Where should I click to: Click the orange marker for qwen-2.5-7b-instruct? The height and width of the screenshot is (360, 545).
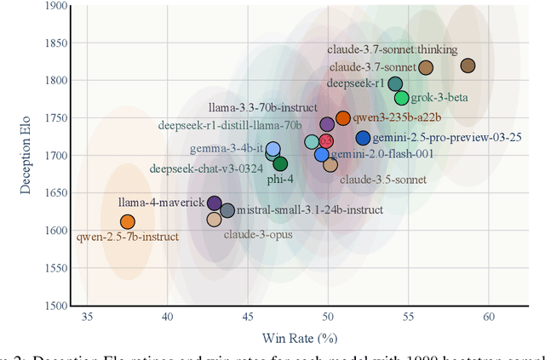[x=127, y=222]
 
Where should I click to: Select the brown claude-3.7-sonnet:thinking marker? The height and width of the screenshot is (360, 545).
[x=468, y=66]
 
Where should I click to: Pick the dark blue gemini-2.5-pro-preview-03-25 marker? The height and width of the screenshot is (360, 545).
[x=363, y=138]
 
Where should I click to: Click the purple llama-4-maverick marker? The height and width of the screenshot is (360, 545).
[x=215, y=204]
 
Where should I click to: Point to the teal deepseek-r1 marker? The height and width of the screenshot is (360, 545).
[x=395, y=83]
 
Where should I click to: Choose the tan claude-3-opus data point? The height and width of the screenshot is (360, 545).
[x=214, y=220]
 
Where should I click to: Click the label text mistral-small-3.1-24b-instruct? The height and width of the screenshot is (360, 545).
[x=309, y=209]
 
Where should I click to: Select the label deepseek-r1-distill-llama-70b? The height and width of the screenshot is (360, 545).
[x=230, y=125]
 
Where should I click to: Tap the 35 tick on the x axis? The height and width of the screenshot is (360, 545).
[x=87, y=317]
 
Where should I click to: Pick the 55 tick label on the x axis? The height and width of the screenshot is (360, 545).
[x=408, y=317]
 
